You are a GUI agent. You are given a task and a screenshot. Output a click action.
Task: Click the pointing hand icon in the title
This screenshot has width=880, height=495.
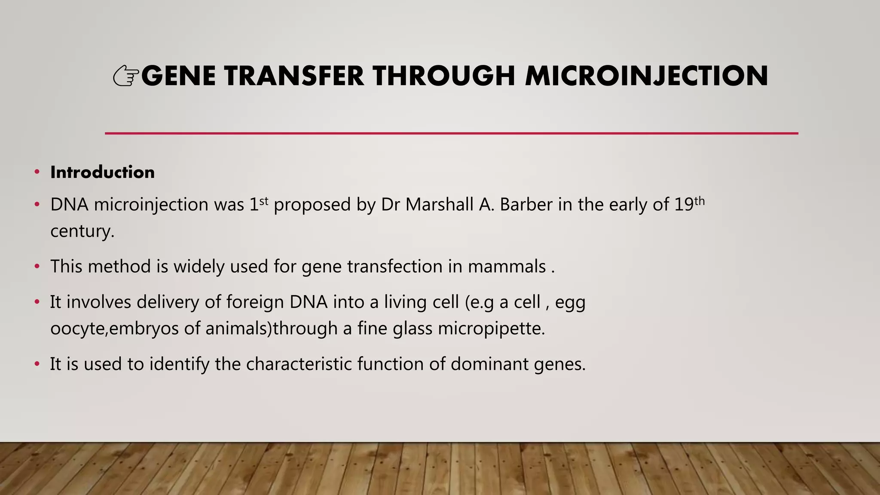pos(126,76)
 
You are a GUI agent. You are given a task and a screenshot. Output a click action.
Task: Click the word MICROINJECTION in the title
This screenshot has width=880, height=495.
pos(646,76)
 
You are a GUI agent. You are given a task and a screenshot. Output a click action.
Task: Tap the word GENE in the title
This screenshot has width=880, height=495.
pos(178,76)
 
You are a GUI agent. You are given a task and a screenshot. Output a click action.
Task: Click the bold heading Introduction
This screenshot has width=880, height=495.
pos(102,172)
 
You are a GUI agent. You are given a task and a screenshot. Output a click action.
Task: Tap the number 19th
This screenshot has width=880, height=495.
pos(689,204)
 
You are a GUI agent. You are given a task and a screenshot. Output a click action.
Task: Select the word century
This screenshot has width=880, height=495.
pos(82,232)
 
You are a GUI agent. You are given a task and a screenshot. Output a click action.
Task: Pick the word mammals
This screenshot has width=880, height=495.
pos(506,266)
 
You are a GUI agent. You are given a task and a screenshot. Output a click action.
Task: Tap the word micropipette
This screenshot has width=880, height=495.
pos(491,329)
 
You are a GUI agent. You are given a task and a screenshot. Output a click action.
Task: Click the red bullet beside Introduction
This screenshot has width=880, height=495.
pos(37,172)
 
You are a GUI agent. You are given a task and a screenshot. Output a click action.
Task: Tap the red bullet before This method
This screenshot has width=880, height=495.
pos(37,266)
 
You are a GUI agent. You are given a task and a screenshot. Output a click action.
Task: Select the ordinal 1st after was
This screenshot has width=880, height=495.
pos(259,204)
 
